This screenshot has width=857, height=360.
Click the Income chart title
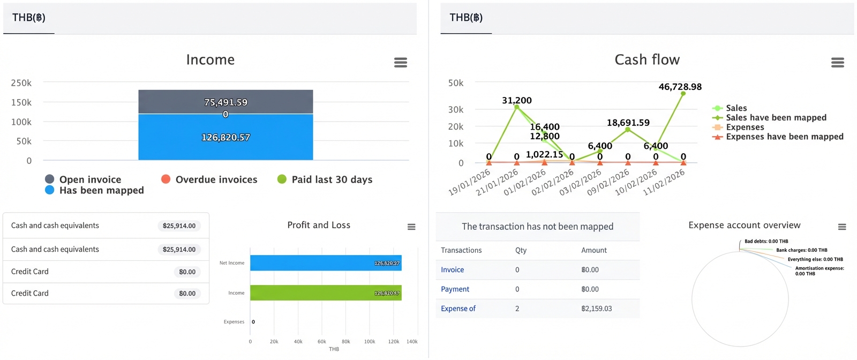tap(210, 59)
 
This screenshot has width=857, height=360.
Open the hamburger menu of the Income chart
tap(401, 63)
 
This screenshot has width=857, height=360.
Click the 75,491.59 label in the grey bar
tap(225, 102)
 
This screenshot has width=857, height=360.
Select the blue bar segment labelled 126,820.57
tap(225, 137)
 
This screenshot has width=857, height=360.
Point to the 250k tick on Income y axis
tap(21, 83)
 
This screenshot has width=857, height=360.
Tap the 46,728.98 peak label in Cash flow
tap(680, 87)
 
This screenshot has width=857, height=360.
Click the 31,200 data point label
tap(516, 100)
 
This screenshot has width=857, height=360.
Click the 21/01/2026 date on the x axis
tap(497, 182)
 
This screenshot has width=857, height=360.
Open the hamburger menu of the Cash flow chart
tap(838, 63)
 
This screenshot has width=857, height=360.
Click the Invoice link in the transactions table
tap(452, 270)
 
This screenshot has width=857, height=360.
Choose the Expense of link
tap(458, 309)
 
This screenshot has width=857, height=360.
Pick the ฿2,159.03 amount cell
tap(596, 309)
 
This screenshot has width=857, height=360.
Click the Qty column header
tap(521, 250)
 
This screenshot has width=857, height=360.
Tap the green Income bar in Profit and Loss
tap(325, 292)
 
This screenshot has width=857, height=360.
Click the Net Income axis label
tap(232, 263)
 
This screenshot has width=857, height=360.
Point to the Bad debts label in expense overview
tap(766, 241)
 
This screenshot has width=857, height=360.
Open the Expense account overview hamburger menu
tap(842, 227)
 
